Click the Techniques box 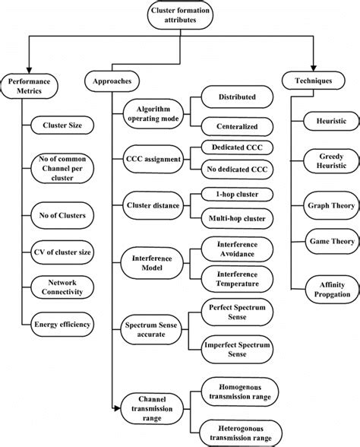coord(313,81)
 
